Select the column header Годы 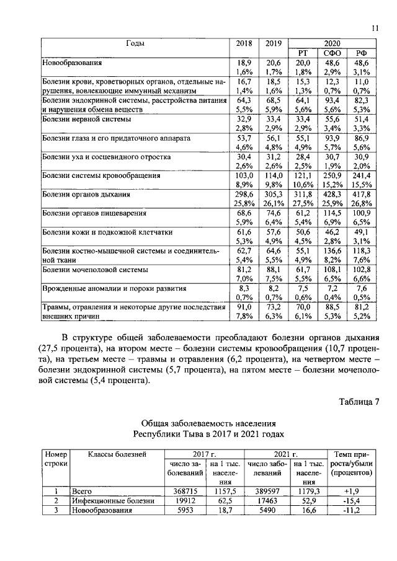pyautogui.click(x=135, y=43)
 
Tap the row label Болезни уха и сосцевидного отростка pyautogui.click(x=106, y=157)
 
